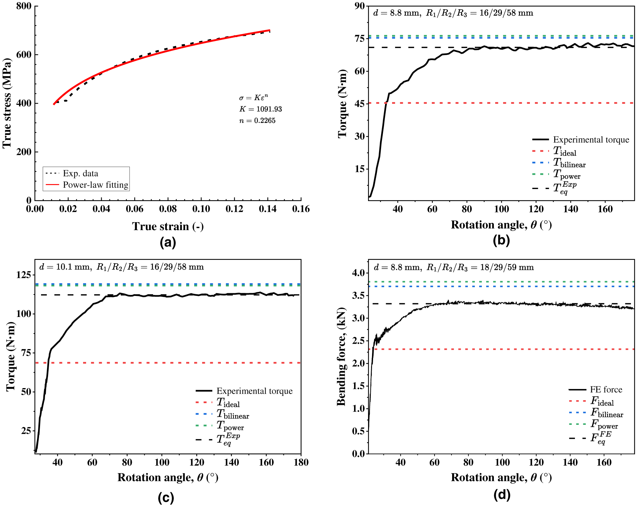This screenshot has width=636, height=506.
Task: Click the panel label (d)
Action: [502, 495]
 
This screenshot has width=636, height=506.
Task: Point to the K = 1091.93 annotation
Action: [260, 109]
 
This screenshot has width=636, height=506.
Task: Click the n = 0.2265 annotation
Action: [257, 121]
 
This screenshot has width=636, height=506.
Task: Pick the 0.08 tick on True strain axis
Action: [168, 209]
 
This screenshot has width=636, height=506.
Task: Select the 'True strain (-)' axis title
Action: [168, 226]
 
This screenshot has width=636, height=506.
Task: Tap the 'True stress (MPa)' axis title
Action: [7, 103]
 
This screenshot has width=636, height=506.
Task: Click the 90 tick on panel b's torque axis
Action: [360, 6]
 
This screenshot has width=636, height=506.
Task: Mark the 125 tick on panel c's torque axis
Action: [24, 275]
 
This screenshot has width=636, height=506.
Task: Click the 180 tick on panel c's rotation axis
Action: [301, 463]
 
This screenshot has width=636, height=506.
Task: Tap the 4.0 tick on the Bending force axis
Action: [359, 273]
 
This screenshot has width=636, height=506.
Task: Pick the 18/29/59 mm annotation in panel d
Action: [507, 268]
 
